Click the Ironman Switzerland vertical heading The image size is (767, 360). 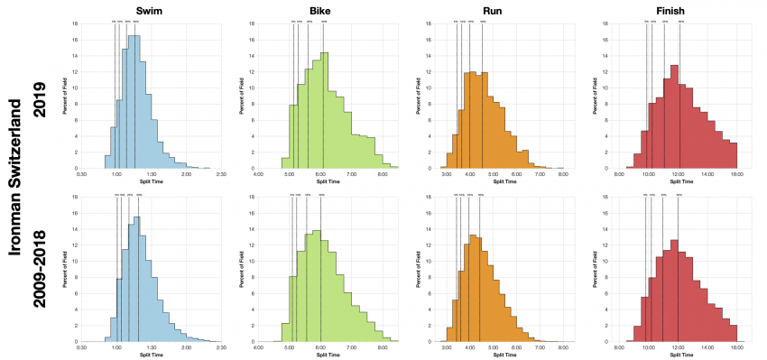point(16,180)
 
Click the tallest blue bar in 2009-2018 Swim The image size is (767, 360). point(137,279)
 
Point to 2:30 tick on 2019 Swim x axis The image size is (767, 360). point(221,174)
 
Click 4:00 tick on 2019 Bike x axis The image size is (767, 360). point(259,174)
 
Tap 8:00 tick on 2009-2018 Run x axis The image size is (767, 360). point(563,348)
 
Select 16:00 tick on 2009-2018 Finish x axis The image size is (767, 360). point(736,348)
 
